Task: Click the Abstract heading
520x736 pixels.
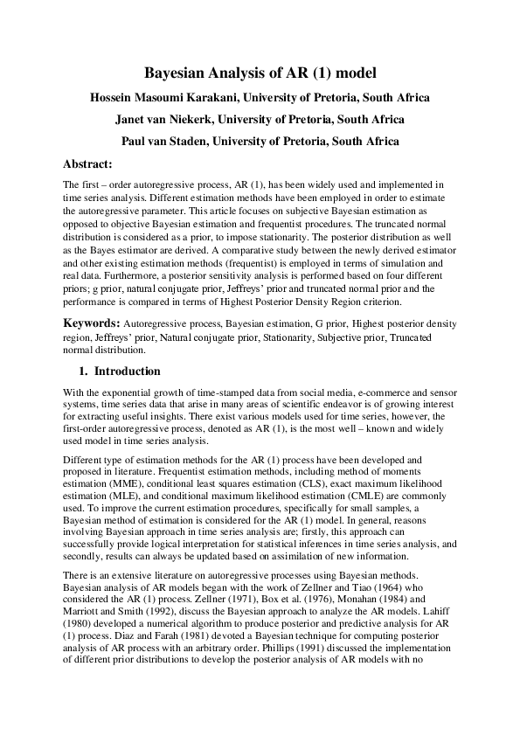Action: click(x=88, y=163)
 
